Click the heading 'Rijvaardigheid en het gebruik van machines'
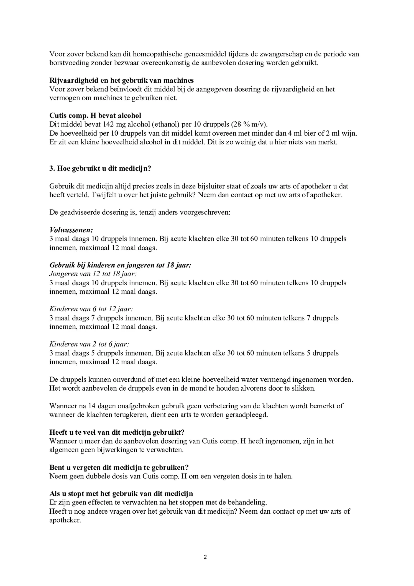coord(121,80)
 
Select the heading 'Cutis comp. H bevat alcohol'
coord(95,116)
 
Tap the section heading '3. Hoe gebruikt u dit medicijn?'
coord(100,169)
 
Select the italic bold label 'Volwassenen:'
coord(71,230)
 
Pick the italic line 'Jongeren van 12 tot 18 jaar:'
coord(93,274)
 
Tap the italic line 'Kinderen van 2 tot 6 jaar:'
coord(89,344)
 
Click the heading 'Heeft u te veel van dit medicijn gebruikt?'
coord(117,432)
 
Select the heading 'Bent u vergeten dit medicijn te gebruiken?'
coord(119,467)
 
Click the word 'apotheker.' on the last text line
coord(65,520)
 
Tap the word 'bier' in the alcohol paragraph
coord(310,133)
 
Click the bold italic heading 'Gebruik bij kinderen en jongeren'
coord(120,265)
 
